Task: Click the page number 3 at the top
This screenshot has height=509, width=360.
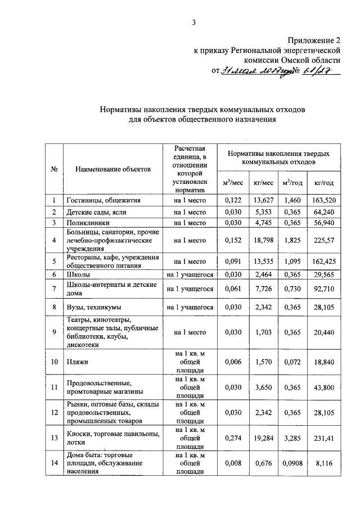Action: [193, 22]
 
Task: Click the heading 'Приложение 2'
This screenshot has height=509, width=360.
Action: [314, 40]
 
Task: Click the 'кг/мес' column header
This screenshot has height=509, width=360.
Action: [263, 183]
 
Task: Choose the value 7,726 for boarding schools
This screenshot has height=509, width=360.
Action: [263, 289]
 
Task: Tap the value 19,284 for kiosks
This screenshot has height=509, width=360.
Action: [263, 437]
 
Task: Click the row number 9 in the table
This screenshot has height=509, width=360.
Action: [54, 332]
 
